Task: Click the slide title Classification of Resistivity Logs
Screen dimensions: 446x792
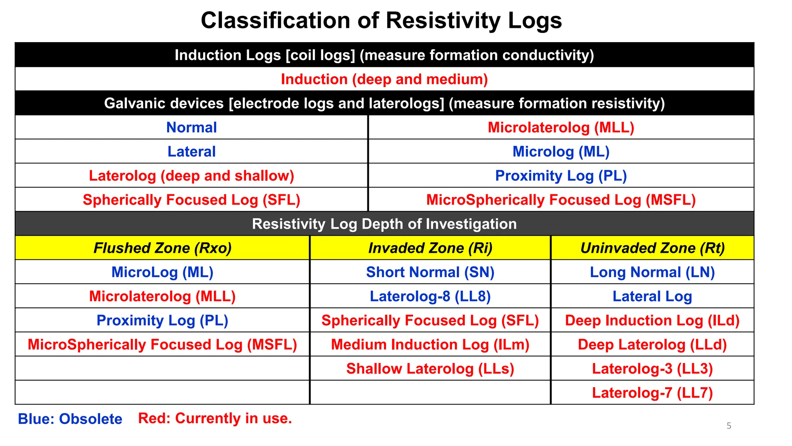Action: pyautogui.click(x=381, y=20)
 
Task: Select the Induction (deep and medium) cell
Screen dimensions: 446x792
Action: pyautogui.click(x=384, y=79)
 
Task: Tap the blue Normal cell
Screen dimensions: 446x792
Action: pyautogui.click(x=191, y=127)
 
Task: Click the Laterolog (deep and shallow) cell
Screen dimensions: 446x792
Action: pyautogui.click(x=191, y=176)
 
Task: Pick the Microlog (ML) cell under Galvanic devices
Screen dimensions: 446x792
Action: pyautogui.click(x=561, y=151)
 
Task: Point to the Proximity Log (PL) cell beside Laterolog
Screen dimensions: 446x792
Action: pyautogui.click(x=561, y=176)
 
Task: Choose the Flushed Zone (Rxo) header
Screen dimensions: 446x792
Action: pyautogui.click(x=162, y=248)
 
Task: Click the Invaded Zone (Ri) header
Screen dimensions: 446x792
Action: pyautogui.click(x=430, y=248)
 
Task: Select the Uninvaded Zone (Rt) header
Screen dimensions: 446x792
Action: pyautogui.click(x=652, y=248)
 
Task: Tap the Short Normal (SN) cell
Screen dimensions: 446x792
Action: pyautogui.click(x=430, y=272)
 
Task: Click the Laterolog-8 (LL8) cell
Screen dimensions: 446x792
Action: pyautogui.click(x=430, y=296)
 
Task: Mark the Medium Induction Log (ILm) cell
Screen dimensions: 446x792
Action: pyautogui.click(x=430, y=345)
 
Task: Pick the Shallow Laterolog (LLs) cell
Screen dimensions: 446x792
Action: pyautogui.click(x=430, y=369)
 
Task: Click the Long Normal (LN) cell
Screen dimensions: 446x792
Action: pyautogui.click(x=652, y=272)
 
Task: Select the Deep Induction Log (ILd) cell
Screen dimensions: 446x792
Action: pyautogui.click(x=652, y=321)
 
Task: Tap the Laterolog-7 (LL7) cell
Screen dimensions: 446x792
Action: pyautogui.click(x=652, y=393)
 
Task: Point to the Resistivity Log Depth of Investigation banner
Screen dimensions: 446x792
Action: pyautogui.click(x=384, y=224)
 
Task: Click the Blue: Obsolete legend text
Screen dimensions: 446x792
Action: pyautogui.click(x=70, y=419)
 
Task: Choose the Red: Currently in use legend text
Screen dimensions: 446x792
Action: pyautogui.click(x=215, y=418)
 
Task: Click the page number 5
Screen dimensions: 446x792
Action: pyautogui.click(x=729, y=426)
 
